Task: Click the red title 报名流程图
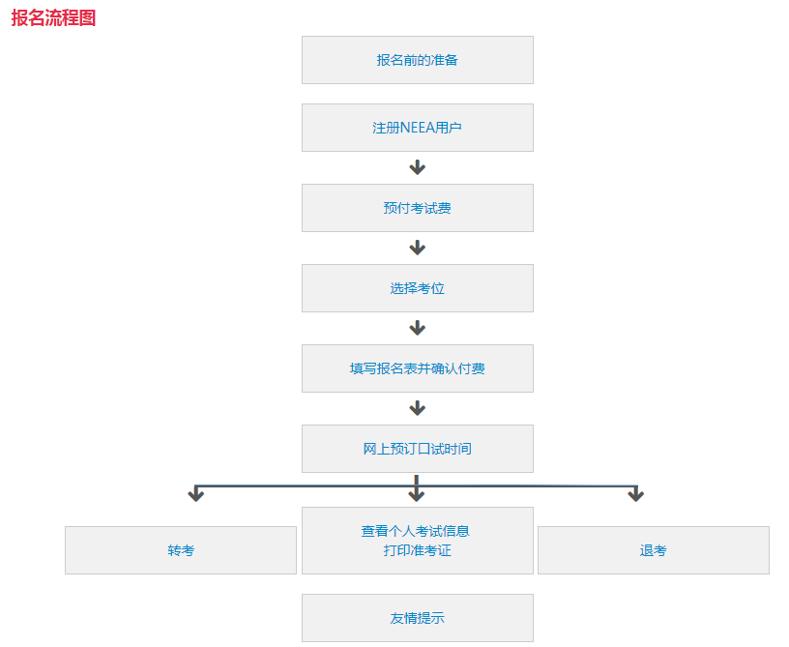(x=53, y=17)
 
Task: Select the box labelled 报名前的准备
(x=417, y=60)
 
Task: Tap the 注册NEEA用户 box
(x=417, y=128)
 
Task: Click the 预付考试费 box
(x=417, y=208)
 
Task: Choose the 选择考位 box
(x=417, y=288)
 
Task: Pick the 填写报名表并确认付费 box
(x=417, y=368)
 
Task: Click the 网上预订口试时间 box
(x=417, y=449)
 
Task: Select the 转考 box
(x=181, y=550)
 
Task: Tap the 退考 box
(x=653, y=550)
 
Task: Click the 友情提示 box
(x=417, y=618)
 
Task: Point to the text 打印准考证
(x=417, y=550)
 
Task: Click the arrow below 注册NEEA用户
(x=417, y=167)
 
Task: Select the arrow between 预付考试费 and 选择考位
(x=417, y=248)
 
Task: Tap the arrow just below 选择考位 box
(x=417, y=328)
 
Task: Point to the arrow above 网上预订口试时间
(x=417, y=408)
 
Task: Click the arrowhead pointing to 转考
(x=196, y=494)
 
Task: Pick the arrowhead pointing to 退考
(x=635, y=494)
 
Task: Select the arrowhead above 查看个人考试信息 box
(x=417, y=494)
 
